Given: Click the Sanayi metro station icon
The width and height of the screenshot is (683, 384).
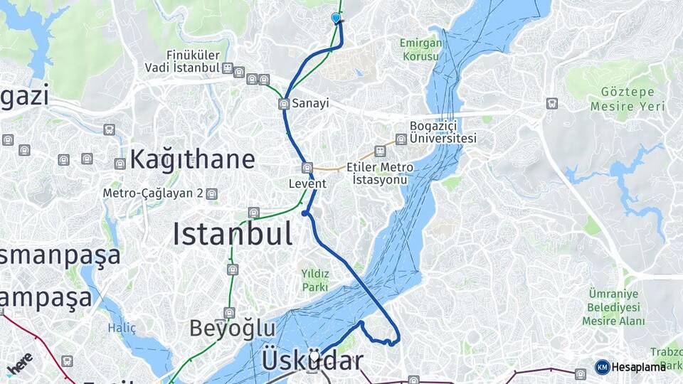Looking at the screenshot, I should (284, 104).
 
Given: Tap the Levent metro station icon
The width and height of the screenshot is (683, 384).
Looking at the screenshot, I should (307, 168).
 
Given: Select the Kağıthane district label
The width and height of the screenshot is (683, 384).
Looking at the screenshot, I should (191, 159).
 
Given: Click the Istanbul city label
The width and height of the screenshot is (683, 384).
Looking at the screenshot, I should (232, 234).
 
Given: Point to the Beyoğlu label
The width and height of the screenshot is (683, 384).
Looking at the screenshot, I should (232, 329).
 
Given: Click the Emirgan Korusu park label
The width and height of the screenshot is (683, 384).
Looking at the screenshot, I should (421, 49).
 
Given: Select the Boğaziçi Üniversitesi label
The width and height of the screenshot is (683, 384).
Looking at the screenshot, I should (443, 132).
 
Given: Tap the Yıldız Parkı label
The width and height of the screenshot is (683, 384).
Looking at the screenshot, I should (314, 280).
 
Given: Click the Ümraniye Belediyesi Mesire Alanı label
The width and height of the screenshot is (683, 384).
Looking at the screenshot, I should (613, 307).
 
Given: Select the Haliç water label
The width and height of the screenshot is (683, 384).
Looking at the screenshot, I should (121, 328).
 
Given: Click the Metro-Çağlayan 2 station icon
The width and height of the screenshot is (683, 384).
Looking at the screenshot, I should (211, 193).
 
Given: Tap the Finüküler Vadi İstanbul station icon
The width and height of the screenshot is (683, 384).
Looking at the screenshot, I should (227, 68).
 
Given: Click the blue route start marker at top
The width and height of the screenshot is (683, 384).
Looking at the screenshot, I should (336, 18).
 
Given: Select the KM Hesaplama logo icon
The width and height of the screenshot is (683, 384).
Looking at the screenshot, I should (602, 367).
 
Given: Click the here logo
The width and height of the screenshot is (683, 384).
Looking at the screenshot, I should (19, 363).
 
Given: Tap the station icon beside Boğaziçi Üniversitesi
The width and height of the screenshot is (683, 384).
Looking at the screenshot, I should (401, 139).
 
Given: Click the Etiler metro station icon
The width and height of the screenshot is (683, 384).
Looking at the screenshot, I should (381, 151).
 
